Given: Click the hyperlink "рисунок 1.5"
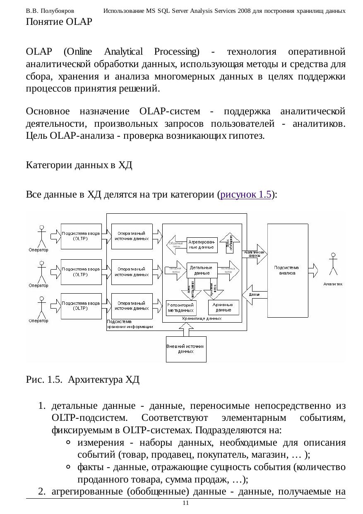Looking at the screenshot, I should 246,194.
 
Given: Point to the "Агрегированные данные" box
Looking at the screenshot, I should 202,244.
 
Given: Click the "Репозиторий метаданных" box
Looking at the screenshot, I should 181,307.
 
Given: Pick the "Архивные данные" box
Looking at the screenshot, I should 224,307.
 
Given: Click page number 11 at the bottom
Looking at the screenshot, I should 185,503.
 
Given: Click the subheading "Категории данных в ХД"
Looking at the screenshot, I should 79,166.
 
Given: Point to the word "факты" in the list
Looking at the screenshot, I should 89,468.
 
